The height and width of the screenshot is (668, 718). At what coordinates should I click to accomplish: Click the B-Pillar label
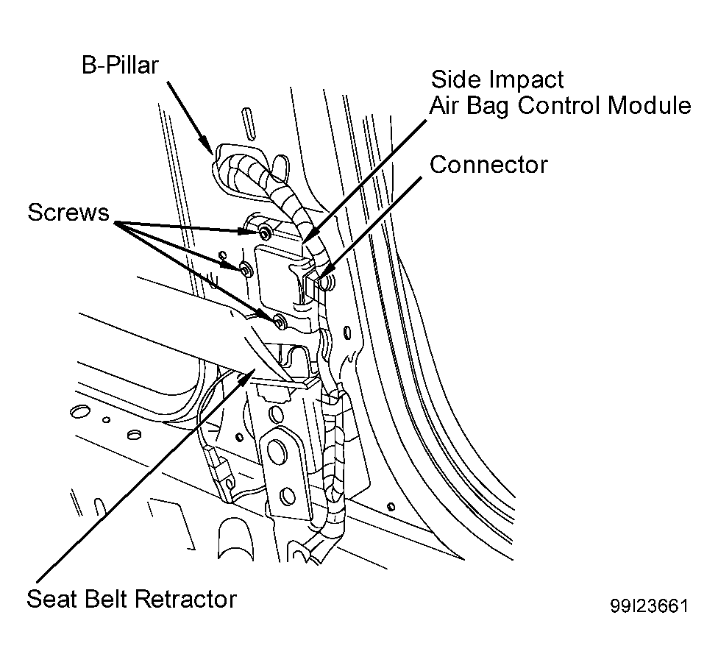click(x=120, y=65)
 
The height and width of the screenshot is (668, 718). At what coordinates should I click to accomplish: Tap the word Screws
click(x=68, y=212)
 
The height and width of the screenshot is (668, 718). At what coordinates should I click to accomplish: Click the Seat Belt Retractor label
click(x=132, y=599)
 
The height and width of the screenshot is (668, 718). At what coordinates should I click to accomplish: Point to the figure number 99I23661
click(x=649, y=605)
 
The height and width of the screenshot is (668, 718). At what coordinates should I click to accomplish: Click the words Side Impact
click(x=497, y=79)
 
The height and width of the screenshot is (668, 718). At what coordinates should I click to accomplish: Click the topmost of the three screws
click(x=265, y=234)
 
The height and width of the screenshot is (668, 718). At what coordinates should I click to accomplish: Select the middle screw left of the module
click(x=246, y=270)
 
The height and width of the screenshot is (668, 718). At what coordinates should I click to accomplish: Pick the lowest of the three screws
click(x=278, y=321)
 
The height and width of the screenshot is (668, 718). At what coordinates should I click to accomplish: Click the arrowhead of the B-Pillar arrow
click(x=207, y=146)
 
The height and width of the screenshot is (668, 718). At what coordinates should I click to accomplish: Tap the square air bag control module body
click(x=280, y=274)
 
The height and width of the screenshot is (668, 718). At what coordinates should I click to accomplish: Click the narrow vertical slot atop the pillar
click(x=248, y=124)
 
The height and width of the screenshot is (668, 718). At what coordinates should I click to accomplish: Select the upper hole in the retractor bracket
click(x=276, y=449)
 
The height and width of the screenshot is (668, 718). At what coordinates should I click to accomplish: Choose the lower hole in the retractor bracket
click(x=287, y=496)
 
